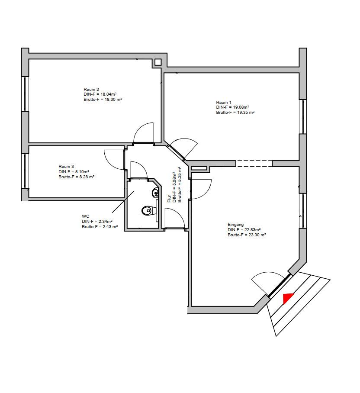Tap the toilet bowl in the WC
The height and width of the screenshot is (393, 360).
click(147, 211)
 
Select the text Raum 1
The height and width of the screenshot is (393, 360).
click(224, 103)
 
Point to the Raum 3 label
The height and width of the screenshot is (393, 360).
click(66, 167)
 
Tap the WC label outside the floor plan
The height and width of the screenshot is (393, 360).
click(85, 216)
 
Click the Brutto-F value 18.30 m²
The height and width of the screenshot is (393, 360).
click(111, 100)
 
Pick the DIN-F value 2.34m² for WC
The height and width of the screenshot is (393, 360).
click(104, 221)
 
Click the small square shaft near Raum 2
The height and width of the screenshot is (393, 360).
click(158, 62)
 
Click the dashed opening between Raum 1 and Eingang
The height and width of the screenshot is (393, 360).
click(254, 164)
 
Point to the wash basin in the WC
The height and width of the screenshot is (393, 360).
click(155, 192)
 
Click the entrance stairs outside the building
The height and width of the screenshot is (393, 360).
click(299, 303)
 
